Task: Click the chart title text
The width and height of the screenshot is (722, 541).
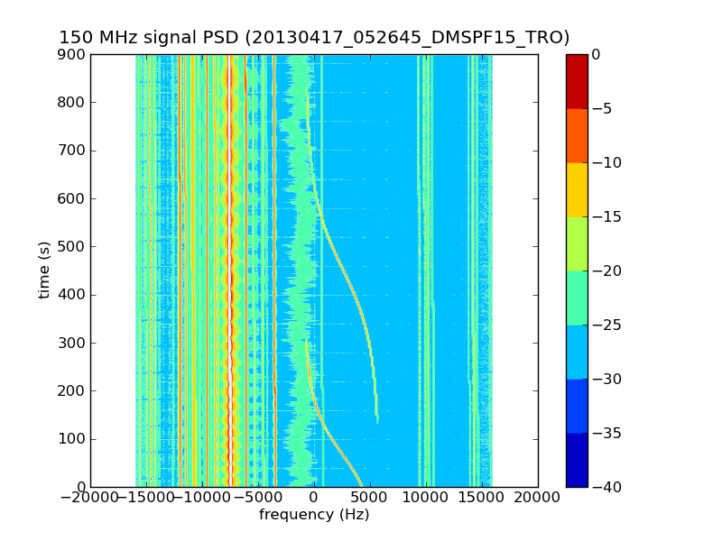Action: click(314, 38)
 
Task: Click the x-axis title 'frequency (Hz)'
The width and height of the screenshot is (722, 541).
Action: click(314, 515)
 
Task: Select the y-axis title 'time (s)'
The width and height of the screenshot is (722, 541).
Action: click(44, 270)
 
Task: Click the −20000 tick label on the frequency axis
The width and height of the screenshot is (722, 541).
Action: click(90, 498)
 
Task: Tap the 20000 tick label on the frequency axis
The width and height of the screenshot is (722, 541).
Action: click(538, 498)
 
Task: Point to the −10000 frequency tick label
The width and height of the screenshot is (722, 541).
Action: click(202, 498)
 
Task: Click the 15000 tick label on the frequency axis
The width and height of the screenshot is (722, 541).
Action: click(482, 498)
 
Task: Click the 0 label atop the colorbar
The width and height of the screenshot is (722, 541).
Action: click(596, 54)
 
